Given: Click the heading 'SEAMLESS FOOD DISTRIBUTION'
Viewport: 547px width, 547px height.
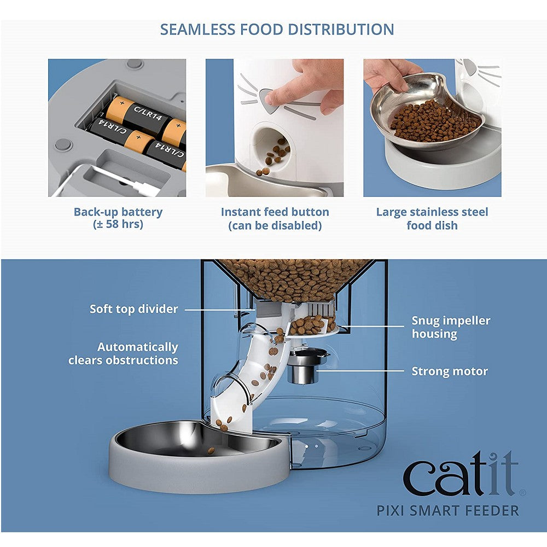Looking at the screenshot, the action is pyautogui.click(x=277, y=30).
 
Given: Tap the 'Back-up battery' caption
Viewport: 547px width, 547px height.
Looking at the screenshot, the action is pyautogui.click(x=118, y=212).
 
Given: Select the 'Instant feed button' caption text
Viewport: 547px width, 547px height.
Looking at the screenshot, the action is pyautogui.click(x=275, y=212).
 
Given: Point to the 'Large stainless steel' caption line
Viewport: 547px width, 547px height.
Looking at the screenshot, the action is pyautogui.click(x=432, y=212).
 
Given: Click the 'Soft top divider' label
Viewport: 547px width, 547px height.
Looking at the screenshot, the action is pyautogui.click(x=134, y=309).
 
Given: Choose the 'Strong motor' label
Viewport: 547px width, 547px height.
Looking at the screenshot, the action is pyautogui.click(x=450, y=371).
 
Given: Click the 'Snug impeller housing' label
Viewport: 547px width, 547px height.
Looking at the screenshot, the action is pyautogui.click(x=451, y=327).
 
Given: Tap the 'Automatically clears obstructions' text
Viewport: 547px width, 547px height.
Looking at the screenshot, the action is pyautogui.click(x=123, y=353).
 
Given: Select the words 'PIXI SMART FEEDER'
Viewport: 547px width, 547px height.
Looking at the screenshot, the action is pyautogui.click(x=448, y=511).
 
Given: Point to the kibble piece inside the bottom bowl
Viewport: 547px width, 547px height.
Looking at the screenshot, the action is pyautogui.click(x=211, y=451).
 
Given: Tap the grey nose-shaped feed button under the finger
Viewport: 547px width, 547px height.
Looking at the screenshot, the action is pyautogui.click(x=268, y=101).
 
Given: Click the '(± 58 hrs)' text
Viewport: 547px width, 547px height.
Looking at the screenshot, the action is pyautogui.click(x=118, y=224).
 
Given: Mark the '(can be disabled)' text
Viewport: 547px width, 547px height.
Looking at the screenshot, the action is pyautogui.click(x=275, y=225).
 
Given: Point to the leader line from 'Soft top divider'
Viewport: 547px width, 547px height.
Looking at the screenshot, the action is pyautogui.click(x=220, y=309).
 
